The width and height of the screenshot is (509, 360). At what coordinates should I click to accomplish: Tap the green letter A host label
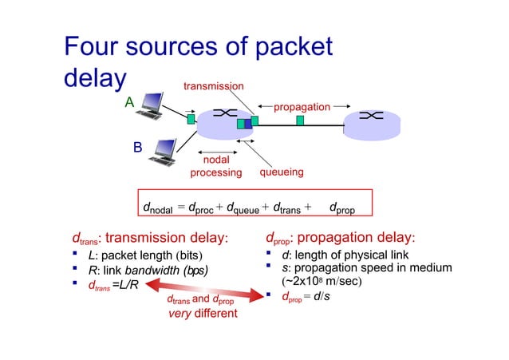point(128,103)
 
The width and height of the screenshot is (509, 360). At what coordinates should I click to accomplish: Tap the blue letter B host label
point(137,148)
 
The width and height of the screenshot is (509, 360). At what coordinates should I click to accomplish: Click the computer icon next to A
point(152,105)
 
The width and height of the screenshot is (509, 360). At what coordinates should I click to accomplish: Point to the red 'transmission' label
point(214,85)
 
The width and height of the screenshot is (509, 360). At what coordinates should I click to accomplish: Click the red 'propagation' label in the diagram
point(301,105)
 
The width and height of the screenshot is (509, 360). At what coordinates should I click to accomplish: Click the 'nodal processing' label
point(215,166)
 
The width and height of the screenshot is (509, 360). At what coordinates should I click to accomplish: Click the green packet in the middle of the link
point(300,121)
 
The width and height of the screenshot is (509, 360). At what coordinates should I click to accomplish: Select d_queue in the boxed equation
point(243,209)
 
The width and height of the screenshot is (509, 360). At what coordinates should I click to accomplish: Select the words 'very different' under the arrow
point(202,314)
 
